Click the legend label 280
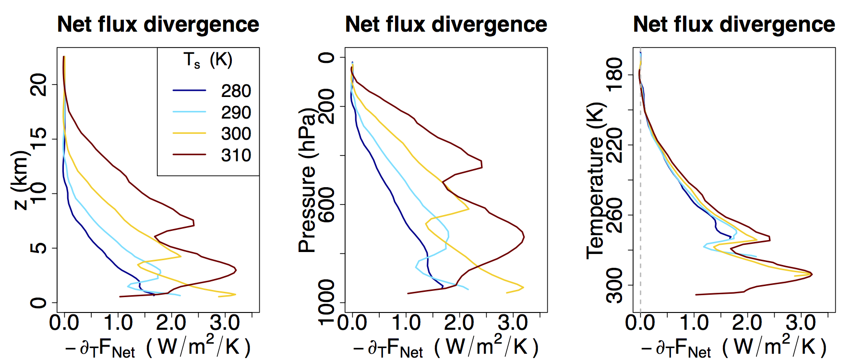(x=236, y=91)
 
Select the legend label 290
(x=236, y=112)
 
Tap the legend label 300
(x=236, y=133)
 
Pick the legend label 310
(x=236, y=155)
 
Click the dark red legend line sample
(x=189, y=155)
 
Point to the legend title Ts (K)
(x=208, y=60)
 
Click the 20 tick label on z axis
(x=38, y=85)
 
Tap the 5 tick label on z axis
(x=38, y=248)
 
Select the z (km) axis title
(x=21, y=180)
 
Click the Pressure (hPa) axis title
(x=307, y=180)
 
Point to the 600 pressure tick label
(x=326, y=204)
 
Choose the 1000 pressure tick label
(x=326, y=302)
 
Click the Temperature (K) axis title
(x=595, y=180)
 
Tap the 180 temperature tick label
(x=614, y=74)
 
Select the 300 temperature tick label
(x=614, y=285)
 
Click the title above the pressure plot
(x=446, y=24)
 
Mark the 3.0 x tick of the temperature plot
(x=801, y=323)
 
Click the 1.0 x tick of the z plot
(x=118, y=323)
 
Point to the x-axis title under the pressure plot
(x=446, y=347)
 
